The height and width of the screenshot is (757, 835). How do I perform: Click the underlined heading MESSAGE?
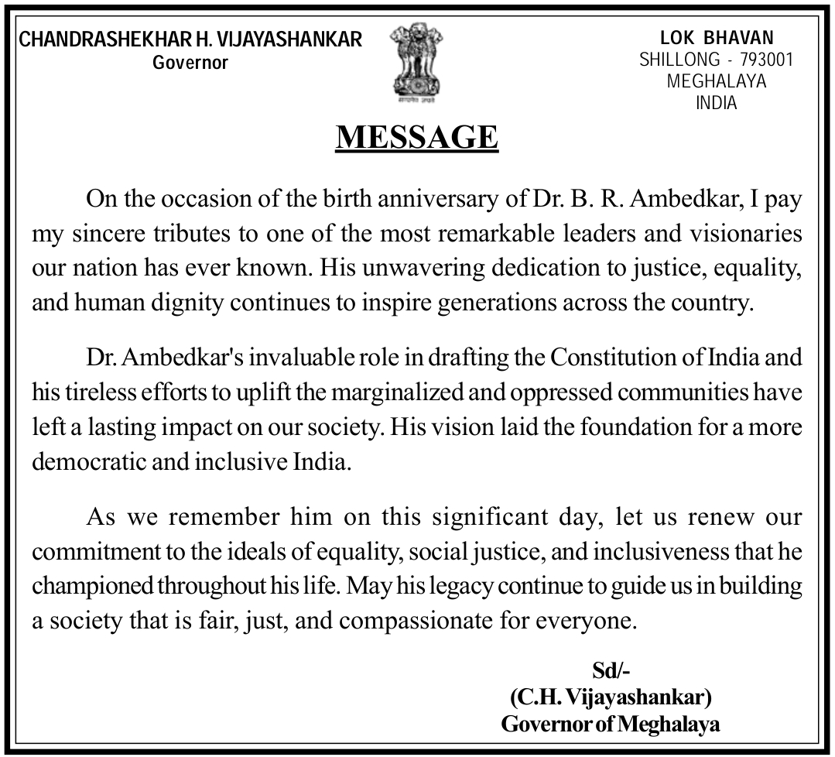(417, 137)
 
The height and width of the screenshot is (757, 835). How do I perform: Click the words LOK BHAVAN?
(717, 38)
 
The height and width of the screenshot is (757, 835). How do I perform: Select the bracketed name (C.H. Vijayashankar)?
(611, 697)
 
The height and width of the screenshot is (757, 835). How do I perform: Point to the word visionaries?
(734, 234)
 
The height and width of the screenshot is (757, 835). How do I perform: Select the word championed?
(92, 587)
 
